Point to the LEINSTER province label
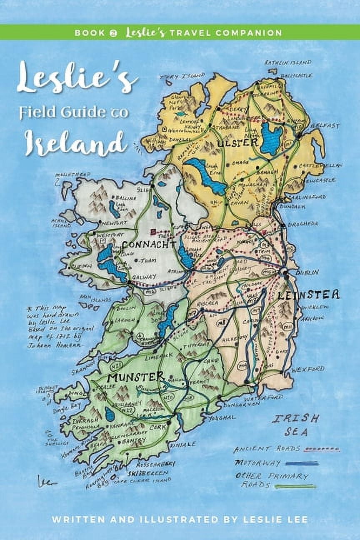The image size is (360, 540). tap(308, 295)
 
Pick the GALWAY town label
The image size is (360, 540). tap(145, 276)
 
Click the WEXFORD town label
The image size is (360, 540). tap(307, 369)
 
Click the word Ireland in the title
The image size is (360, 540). tap(75, 142)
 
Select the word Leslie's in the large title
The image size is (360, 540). tap(77, 80)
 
